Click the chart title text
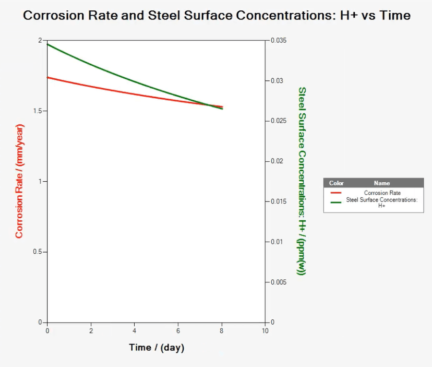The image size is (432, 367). [217, 16]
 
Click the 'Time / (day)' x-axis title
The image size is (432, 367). [157, 348]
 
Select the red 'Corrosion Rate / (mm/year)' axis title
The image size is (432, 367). [19, 181]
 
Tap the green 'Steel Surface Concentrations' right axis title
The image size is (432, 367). [302, 181]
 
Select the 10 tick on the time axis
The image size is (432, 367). [265, 331]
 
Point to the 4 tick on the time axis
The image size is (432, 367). [135, 331]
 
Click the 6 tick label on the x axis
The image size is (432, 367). [178, 331]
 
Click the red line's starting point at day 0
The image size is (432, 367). [48, 77]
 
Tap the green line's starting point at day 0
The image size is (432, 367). [48, 44]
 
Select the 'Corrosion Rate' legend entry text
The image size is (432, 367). [382, 193]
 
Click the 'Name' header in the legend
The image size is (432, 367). [382, 183]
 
